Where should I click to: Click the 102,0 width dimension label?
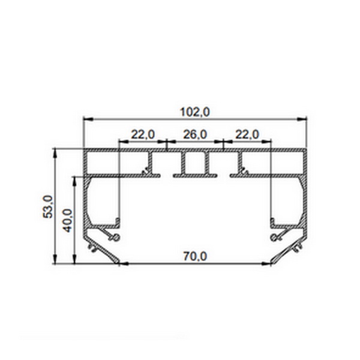click(x=194, y=113)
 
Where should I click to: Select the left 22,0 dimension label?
click(x=143, y=134)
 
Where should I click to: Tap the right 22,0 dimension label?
click(x=247, y=134)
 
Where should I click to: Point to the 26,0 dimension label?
click(x=195, y=134)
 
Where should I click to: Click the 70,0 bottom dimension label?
click(x=195, y=256)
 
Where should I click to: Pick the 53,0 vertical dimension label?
click(x=49, y=206)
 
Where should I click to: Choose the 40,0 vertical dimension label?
click(x=68, y=220)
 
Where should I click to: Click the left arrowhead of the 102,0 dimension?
click(x=88, y=119)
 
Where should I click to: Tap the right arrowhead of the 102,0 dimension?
click(x=302, y=119)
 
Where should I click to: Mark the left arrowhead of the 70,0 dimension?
click(x=124, y=264)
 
